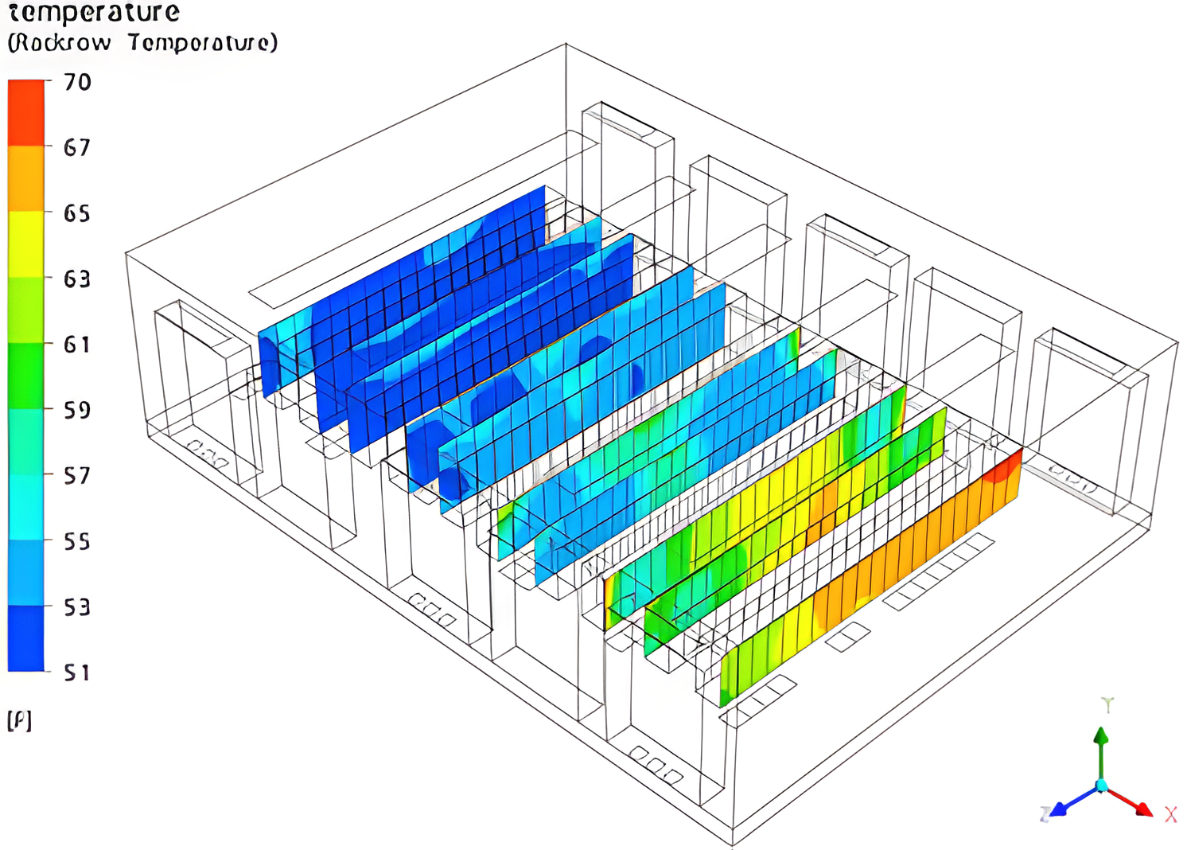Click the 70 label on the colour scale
pyautogui.click(x=77, y=82)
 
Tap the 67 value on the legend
pyautogui.click(x=77, y=147)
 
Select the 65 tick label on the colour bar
pyautogui.click(x=77, y=213)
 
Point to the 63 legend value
pyautogui.click(x=77, y=279)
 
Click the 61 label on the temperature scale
pyautogui.click(x=77, y=345)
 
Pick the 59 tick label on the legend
pyautogui.click(x=77, y=410)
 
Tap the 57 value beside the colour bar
pyautogui.click(x=77, y=476)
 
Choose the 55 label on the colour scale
pyautogui.click(x=77, y=542)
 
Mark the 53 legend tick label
pyautogui.click(x=77, y=607)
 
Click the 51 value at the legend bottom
pyautogui.click(x=77, y=673)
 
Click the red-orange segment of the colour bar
pyautogui.click(x=26, y=112)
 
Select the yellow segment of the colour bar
pyautogui.click(x=26, y=244)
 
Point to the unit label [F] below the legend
pyautogui.click(x=19, y=721)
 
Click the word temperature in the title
pyautogui.click(x=94, y=12)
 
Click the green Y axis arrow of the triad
pyautogui.click(x=1101, y=748)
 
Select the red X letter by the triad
pyautogui.click(x=1170, y=815)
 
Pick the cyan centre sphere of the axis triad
pyautogui.click(x=1102, y=786)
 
